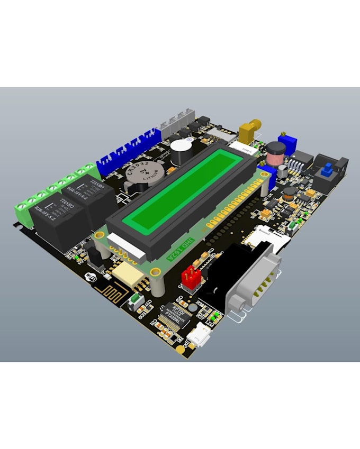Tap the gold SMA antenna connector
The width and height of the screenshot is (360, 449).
[249, 129]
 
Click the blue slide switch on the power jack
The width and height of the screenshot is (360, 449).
[328, 170]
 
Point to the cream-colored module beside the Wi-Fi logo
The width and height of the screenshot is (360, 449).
[128, 272]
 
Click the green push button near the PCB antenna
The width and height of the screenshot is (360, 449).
[136, 301]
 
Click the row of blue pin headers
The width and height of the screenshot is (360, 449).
[127, 151]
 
